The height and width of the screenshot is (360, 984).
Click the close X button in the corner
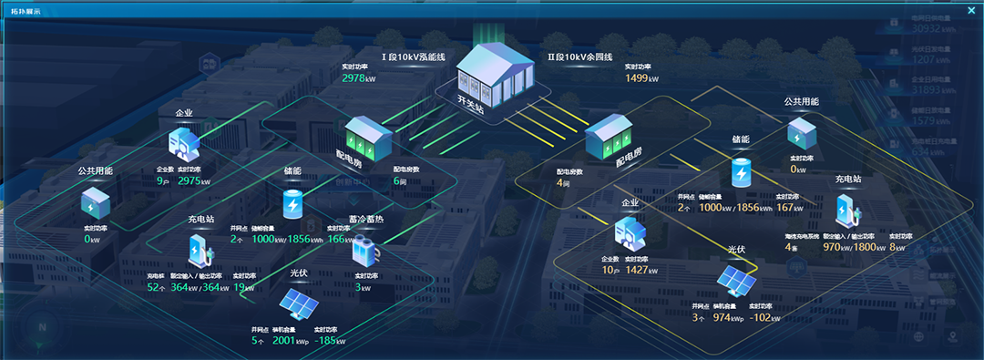coord(971,11)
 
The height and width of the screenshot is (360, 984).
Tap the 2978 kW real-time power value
coord(357,78)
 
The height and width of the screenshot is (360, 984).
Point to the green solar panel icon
coord(298,302)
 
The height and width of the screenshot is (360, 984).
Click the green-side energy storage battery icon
coord(292,203)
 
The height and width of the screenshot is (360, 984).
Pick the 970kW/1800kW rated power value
coord(853,247)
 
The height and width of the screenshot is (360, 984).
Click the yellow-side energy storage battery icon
coord(742,170)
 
